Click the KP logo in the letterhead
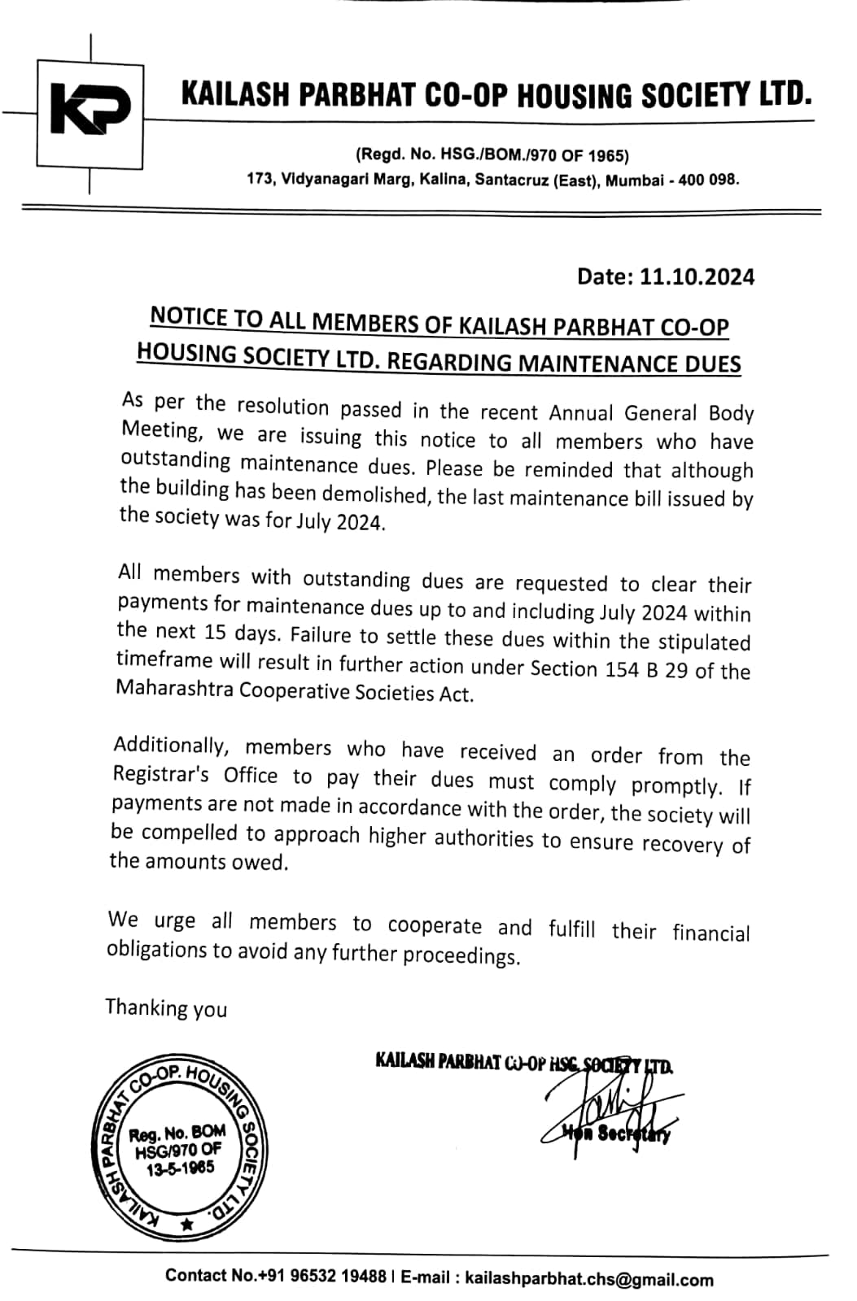[90, 110]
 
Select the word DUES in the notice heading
[707, 363]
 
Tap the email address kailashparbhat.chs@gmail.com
[588, 1279]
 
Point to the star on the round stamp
[188, 1223]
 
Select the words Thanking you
[166, 1008]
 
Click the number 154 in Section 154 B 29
[623, 669]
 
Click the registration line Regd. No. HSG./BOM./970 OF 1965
[492, 154]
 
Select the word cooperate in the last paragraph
[435, 926]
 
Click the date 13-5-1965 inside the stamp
[181, 1169]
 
